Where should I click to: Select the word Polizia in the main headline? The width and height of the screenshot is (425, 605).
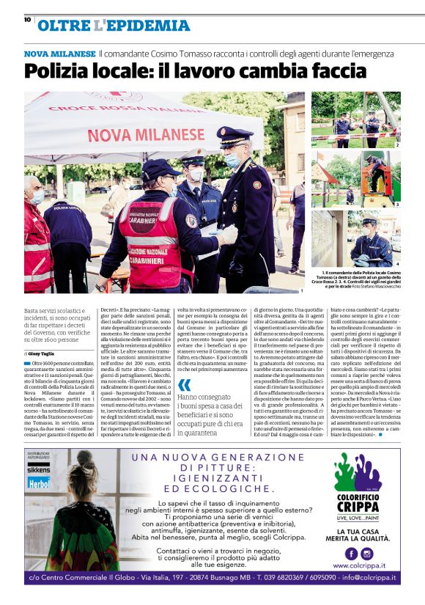click(59, 71)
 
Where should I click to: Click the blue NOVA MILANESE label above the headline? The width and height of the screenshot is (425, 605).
click(59, 54)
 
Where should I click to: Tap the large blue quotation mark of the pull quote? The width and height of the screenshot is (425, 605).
click(184, 384)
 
